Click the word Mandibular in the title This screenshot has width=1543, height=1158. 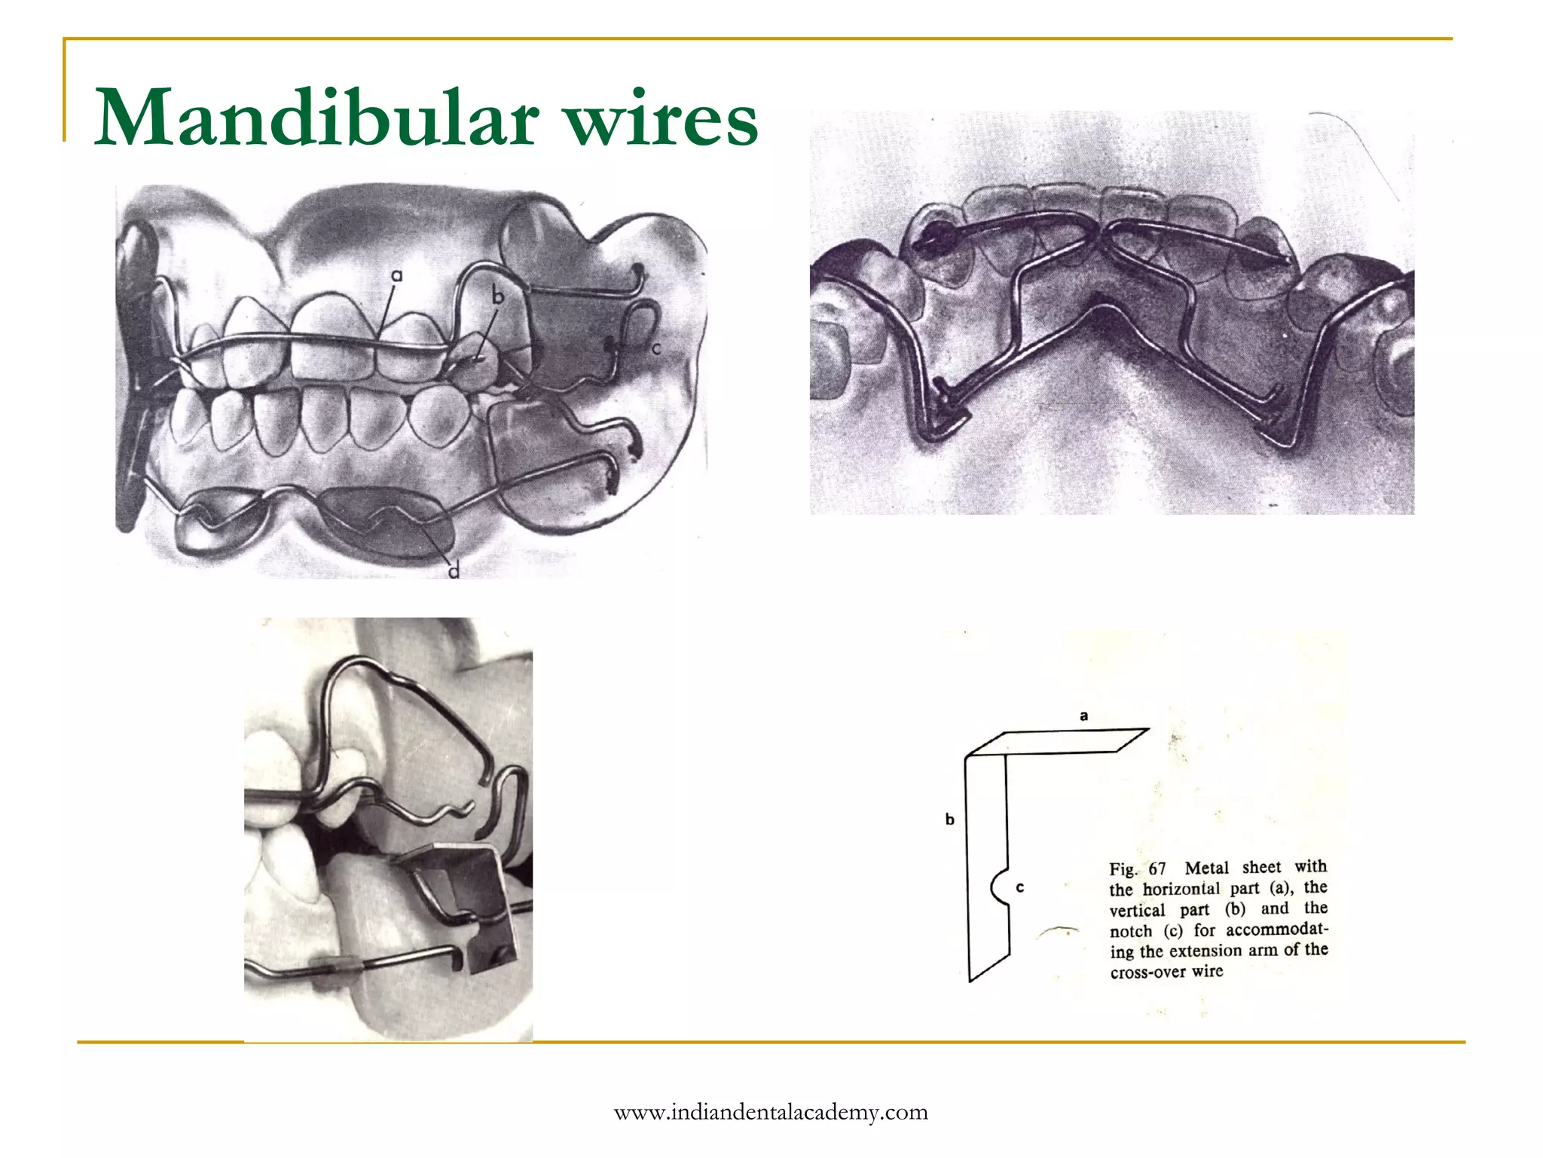click(x=316, y=119)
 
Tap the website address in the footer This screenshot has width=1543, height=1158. click(x=771, y=1112)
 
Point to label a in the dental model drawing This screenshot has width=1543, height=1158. click(x=396, y=276)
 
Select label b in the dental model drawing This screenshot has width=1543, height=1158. click(x=497, y=297)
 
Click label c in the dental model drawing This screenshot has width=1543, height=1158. click(x=656, y=348)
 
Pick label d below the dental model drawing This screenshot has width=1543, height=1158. click(x=454, y=571)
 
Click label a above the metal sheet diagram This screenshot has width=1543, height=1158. click(x=1083, y=715)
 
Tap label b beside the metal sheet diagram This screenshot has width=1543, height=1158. click(x=950, y=819)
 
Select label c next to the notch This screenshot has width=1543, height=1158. click(x=1020, y=887)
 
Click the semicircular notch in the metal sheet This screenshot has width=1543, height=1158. click(x=999, y=887)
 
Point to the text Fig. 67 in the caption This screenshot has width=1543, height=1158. click(x=1138, y=868)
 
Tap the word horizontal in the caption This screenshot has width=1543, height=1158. click(x=1181, y=889)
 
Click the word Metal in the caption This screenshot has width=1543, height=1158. click(x=1207, y=868)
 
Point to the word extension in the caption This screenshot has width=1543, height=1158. click(x=1205, y=951)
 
